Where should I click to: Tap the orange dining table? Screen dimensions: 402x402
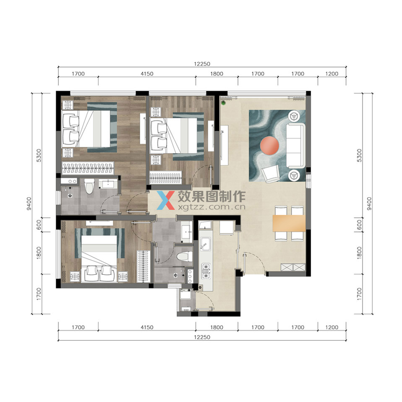tap(289, 223)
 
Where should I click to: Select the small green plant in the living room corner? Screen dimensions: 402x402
tap(223, 103)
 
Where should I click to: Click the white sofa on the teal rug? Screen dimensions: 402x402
tap(295, 146)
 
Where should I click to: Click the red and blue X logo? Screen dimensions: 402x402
tap(166, 200)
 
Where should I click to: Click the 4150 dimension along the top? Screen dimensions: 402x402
tap(147, 74)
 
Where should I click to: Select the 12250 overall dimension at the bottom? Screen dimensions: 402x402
tap(202, 337)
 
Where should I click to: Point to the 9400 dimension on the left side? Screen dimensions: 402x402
tap(29, 204)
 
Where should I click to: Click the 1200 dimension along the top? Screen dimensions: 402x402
tap(332, 74)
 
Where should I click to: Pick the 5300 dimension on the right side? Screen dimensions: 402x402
tap(360, 156)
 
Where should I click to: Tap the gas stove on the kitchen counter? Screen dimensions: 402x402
tap(206, 271)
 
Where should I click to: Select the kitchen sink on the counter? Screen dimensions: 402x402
tap(205, 243)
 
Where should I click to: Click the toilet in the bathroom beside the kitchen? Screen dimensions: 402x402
tap(185, 256)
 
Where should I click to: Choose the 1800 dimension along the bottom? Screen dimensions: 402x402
tap(217, 327)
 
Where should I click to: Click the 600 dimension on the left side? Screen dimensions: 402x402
tap(39, 225)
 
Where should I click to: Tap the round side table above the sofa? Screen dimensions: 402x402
tap(294, 116)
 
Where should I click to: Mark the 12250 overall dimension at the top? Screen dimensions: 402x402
tap(202, 64)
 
